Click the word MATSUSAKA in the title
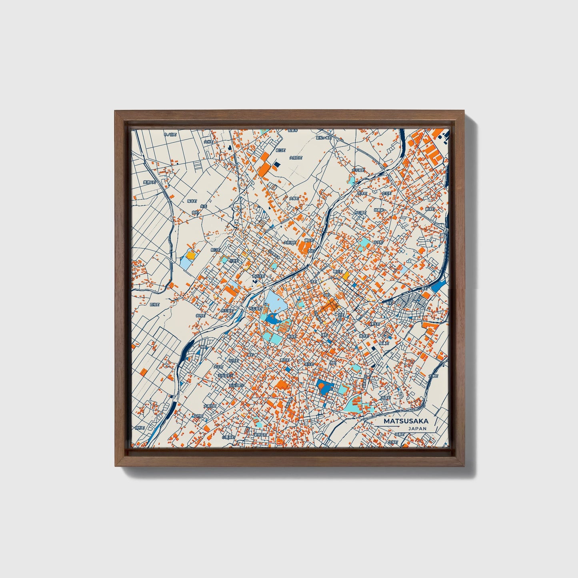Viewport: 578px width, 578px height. (x=405, y=421)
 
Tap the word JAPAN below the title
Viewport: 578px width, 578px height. (x=417, y=428)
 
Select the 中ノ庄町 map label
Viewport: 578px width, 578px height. (x=170, y=135)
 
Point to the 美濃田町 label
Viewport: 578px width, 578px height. (x=150, y=182)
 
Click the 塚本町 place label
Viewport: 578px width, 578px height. (x=192, y=202)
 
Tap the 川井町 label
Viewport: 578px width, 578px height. (x=234, y=260)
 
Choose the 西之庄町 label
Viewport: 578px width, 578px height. (x=258, y=276)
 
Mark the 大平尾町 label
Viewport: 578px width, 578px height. (x=358, y=170)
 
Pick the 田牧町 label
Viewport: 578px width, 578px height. (x=154, y=304)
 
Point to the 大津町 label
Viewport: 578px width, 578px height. (x=433, y=376)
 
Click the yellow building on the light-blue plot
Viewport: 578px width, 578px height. (x=191, y=255)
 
